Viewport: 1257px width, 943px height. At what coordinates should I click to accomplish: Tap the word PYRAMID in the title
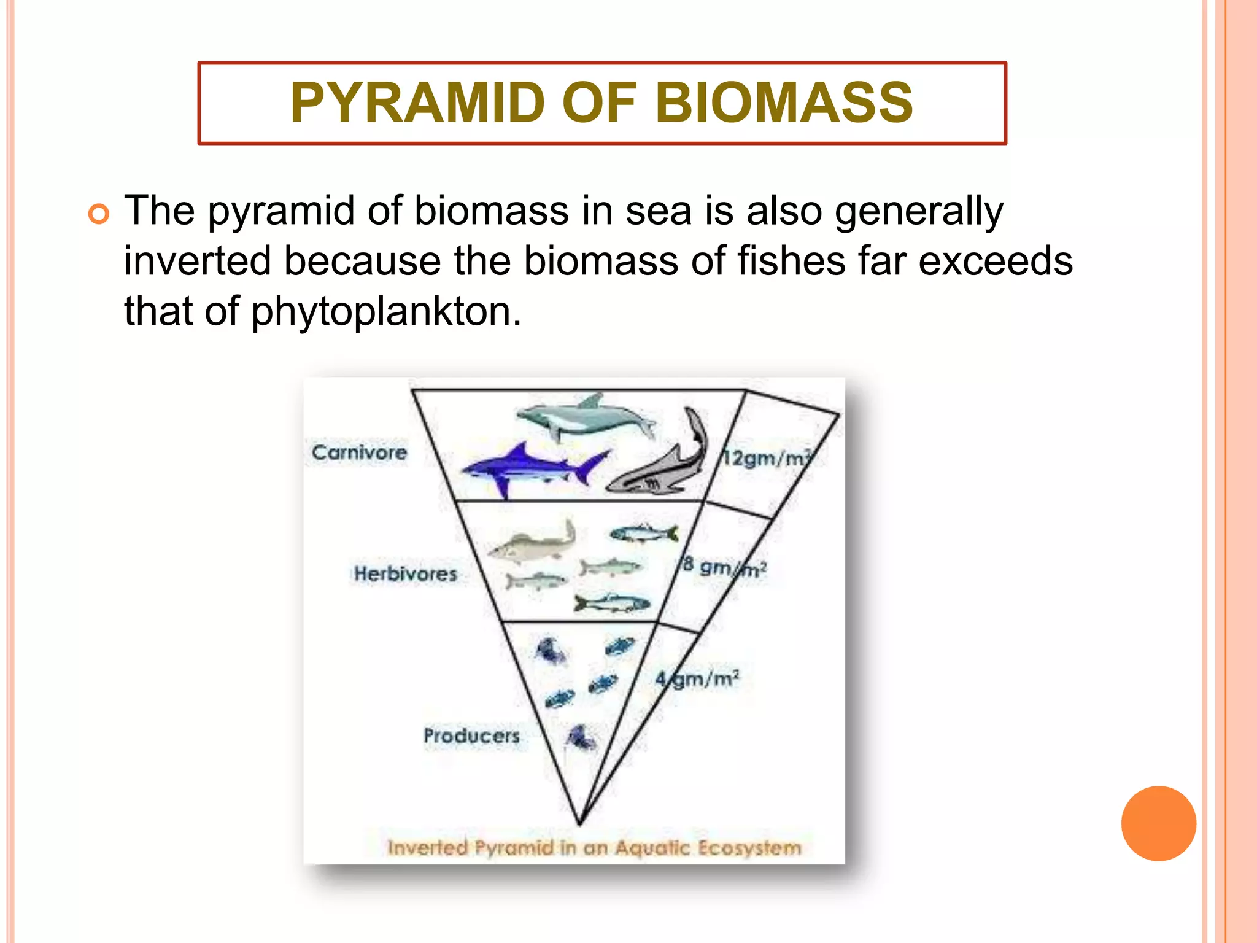[418, 103]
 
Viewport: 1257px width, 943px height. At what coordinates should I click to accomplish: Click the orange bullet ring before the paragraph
[99, 214]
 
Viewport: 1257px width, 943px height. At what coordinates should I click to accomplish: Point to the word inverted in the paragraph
[197, 261]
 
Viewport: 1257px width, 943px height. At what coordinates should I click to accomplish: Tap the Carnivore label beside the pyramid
[359, 452]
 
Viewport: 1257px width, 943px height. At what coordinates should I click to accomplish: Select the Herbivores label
[405, 574]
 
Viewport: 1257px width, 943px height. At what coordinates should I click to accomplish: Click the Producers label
[471, 735]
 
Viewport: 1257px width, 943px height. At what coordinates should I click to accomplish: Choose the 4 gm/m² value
[697, 679]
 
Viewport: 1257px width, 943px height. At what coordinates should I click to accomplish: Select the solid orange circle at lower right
[1158, 823]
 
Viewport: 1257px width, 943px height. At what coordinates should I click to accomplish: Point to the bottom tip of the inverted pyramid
[580, 823]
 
